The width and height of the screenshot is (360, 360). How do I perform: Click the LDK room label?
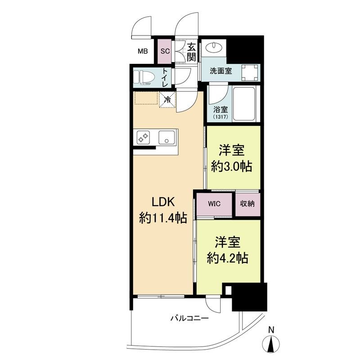click(163, 202)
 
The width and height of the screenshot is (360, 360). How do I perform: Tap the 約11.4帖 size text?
click(163, 218)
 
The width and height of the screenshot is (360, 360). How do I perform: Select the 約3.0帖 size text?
click(232, 166)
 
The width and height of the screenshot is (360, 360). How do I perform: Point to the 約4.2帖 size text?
click(228, 258)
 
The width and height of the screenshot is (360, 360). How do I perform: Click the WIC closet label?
click(214, 204)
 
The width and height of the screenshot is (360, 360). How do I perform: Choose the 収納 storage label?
click(247, 203)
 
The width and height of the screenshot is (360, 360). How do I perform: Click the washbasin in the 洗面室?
click(213, 47)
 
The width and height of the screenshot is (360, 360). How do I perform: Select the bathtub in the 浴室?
click(244, 105)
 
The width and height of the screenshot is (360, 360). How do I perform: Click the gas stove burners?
click(143, 138)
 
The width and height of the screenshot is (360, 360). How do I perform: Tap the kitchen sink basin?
click(167, 137)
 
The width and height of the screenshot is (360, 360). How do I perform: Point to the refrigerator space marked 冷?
click(168, 99)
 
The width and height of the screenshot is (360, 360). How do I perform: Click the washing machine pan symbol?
click(250, 72)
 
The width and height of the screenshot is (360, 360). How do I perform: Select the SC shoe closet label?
click(165, 51)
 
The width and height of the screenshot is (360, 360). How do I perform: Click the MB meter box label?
click(143, 51)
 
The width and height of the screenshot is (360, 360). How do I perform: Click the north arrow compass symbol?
click(271, 341)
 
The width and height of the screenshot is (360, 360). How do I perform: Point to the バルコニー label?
click(189, 318)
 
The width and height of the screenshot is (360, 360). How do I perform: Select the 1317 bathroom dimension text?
click(220, 117)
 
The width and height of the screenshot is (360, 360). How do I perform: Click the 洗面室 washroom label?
click(221, 71)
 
